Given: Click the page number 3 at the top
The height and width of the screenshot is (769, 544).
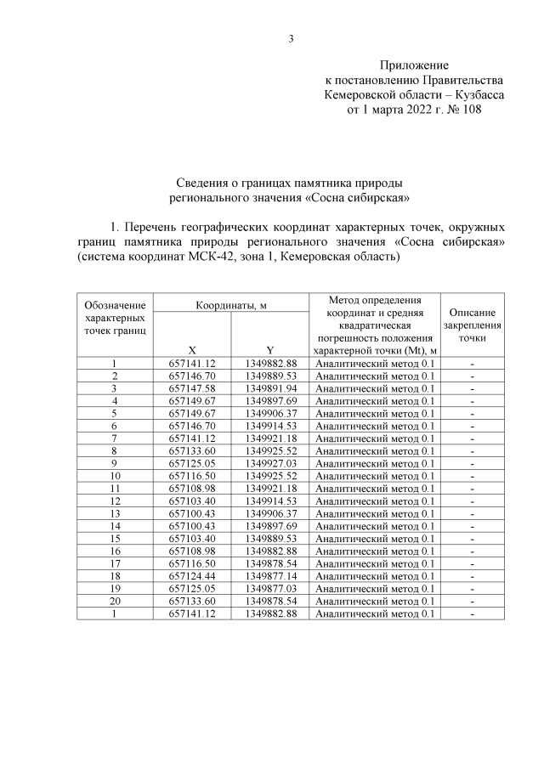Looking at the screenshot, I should click(x=291, y=39).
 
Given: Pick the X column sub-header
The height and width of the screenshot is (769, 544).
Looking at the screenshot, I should click(x=192, y=349).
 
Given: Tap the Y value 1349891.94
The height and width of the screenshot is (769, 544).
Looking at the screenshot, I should click(x=270, y=388).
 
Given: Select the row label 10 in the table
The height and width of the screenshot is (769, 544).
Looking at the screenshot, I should click(x=114, y=476).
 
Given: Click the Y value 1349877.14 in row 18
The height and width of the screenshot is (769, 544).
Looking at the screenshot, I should click(x=270, y=575).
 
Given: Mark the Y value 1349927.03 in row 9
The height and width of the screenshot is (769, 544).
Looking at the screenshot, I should click(x=270, y=463).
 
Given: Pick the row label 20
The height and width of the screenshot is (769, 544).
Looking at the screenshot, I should click(x=114, y=601).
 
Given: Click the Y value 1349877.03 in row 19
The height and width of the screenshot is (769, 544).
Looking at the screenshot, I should click(x=270, y=588).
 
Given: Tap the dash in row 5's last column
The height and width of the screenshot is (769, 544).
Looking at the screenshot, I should click(x=471, y=413).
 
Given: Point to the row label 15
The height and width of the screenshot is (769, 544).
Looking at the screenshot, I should click(x=114, y=538).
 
